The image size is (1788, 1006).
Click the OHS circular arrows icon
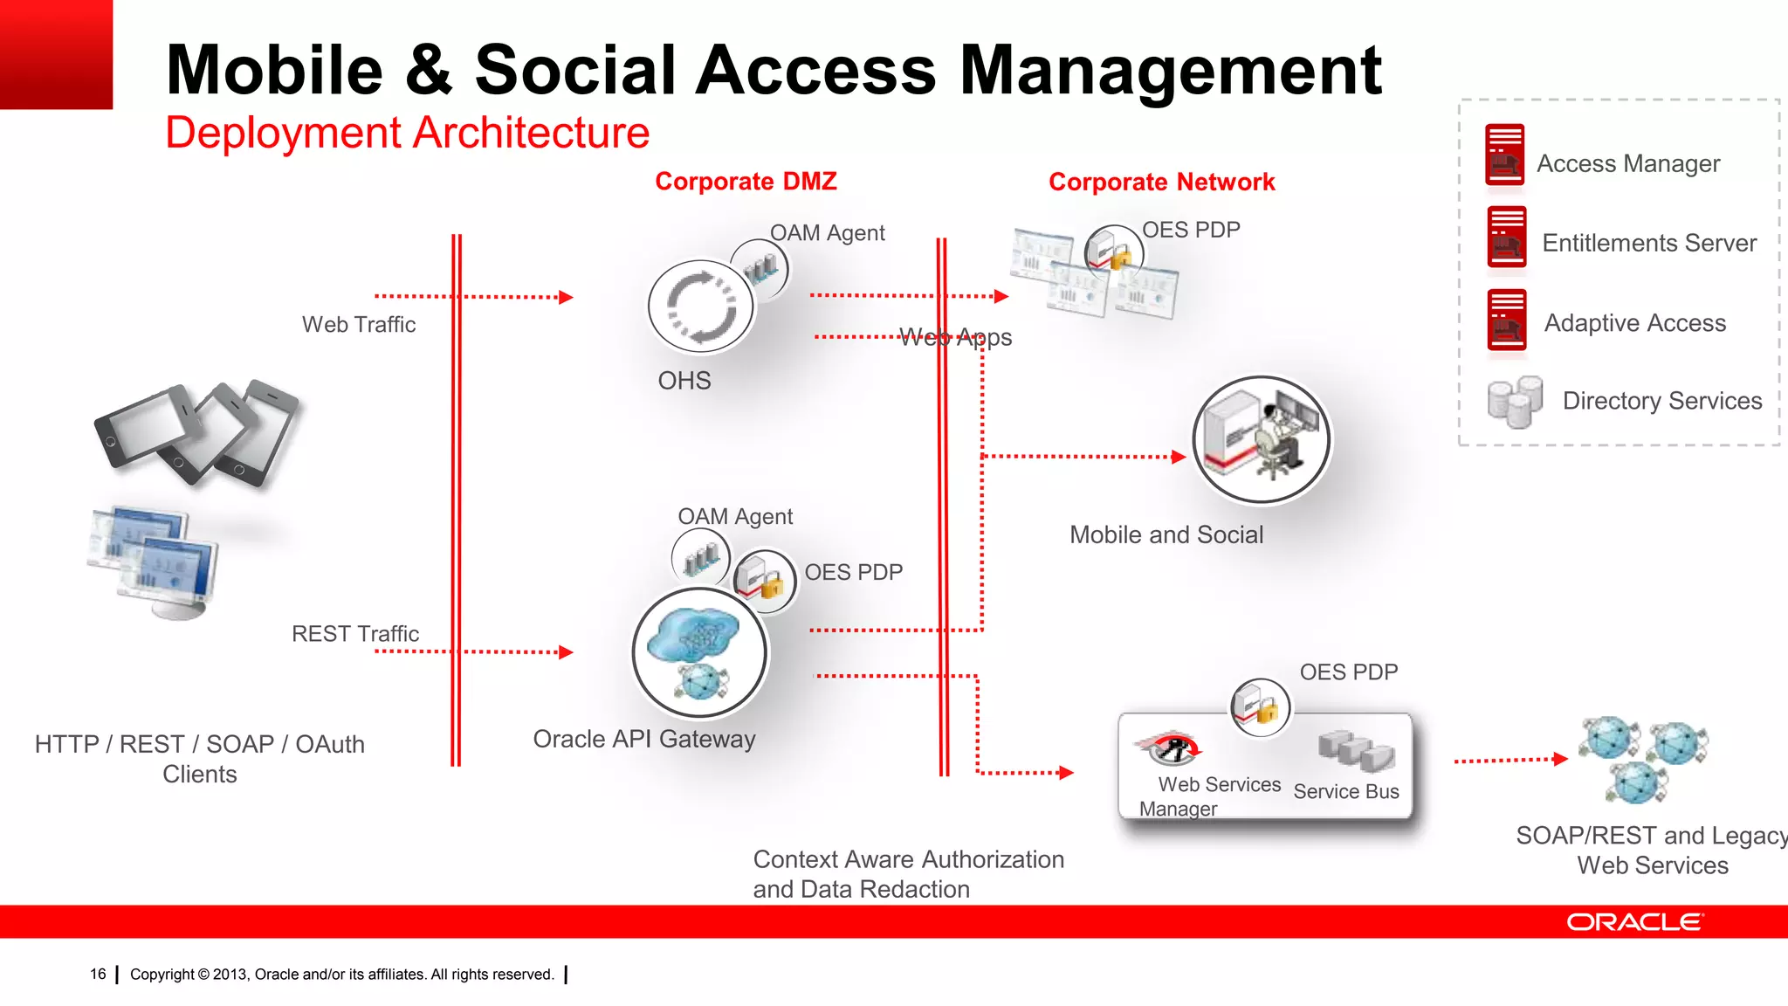701,307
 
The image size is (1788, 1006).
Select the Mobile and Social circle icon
1261,440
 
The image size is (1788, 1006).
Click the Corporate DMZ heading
746,182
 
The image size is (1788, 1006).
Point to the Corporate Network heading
1161,183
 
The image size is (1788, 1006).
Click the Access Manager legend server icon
1505,155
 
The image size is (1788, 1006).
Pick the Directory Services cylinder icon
1515,402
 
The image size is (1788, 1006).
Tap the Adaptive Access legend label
1634,323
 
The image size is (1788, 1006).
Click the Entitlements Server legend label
1648,243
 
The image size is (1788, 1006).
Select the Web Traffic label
359,325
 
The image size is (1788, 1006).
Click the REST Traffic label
355,634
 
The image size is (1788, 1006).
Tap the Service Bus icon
1355,751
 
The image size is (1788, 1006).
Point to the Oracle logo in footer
1633,922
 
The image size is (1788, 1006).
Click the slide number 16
98,975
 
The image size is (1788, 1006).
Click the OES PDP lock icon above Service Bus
1260,707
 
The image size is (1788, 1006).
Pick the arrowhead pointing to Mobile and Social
1178,457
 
